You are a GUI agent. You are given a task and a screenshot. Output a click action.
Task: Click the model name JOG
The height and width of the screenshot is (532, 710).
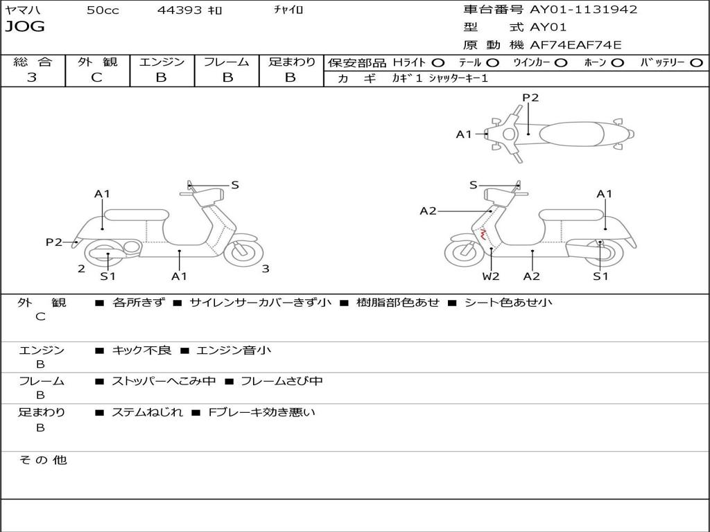25,27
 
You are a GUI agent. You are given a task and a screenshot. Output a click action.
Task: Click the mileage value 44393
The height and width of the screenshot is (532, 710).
180,10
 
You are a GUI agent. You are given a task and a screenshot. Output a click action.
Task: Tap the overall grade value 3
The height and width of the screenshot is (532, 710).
32,78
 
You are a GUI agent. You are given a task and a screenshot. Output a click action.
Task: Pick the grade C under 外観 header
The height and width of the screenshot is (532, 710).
96,78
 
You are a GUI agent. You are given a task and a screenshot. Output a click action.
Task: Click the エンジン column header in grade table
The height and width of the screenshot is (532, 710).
162,62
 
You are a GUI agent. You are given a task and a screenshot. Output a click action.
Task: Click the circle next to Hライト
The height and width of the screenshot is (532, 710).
438,62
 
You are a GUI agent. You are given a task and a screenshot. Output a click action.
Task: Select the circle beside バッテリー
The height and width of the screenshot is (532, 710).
695,62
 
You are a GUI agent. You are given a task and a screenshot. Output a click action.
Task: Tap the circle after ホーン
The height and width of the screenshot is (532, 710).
617,62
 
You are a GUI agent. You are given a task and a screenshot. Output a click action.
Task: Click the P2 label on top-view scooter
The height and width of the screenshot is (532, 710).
530,98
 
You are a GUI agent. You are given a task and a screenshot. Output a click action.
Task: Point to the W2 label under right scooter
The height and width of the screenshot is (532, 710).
491,276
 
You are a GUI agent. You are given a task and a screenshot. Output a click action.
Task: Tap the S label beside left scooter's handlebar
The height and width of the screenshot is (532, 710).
235,185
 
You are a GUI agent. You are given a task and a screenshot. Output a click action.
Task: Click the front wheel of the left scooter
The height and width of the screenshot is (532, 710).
242,252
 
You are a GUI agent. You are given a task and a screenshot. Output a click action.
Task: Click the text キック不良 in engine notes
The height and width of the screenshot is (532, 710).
142,351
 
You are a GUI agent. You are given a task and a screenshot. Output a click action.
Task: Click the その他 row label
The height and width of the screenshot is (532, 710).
42,460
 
